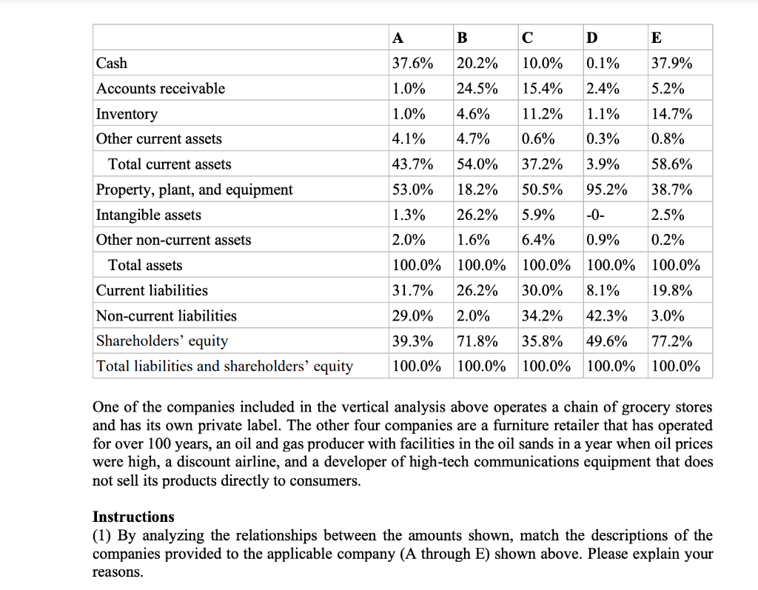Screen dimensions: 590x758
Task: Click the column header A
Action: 398,38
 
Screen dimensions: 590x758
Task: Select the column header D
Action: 591,38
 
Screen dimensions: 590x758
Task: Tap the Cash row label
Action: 112,64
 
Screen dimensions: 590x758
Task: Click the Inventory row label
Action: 127,114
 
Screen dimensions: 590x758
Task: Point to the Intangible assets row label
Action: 149,215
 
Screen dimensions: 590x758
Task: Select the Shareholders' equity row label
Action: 162,341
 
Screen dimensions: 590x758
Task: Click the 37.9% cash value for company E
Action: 671,64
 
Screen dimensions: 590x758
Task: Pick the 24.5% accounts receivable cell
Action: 477,89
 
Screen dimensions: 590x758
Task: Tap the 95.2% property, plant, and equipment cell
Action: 606,190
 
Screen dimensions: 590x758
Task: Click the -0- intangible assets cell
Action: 596,215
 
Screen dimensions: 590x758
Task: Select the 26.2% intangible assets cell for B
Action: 477,215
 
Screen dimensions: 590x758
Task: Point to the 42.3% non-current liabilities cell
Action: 606,315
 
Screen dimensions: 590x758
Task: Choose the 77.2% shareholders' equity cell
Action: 671,341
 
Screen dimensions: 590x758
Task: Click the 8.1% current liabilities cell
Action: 602,290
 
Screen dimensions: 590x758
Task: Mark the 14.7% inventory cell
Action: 671,114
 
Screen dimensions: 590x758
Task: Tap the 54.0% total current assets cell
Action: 477,164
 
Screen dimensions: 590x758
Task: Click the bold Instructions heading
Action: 133,517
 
